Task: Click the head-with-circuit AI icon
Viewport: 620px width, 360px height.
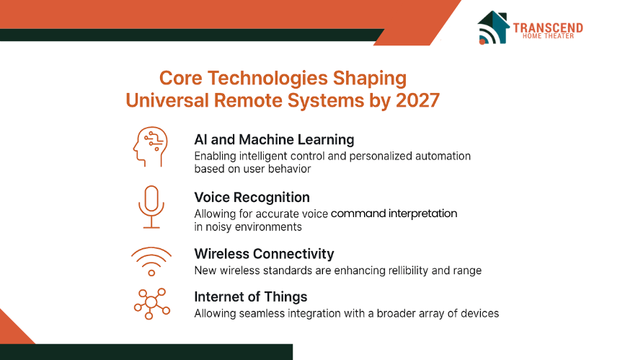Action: [x=150, y=146]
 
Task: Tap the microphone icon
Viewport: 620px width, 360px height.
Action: [x=151, y=207]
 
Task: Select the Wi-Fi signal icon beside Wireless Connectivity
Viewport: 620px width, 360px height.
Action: [x=151, y=261]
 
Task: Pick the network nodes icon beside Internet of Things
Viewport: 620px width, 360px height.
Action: [x=152, y=304]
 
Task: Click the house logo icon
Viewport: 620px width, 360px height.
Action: [x=493, y=27]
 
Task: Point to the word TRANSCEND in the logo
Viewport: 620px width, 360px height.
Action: [x=548, y=27]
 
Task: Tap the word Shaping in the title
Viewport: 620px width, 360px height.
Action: [x=370, y=79]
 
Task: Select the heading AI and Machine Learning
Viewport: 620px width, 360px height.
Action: [x=274, y=140]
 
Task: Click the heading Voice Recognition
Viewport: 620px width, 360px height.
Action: [x=252, y=197]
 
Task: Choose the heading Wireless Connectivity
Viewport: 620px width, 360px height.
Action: [x=264, y=253]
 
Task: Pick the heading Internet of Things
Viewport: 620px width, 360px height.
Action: [x=251, y=297]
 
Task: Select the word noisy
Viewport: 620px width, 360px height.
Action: [x=218, y=227]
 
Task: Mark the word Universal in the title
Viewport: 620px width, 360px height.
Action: [x=167, y=100]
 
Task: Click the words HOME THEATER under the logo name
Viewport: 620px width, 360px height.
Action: [x=548, y=36]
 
